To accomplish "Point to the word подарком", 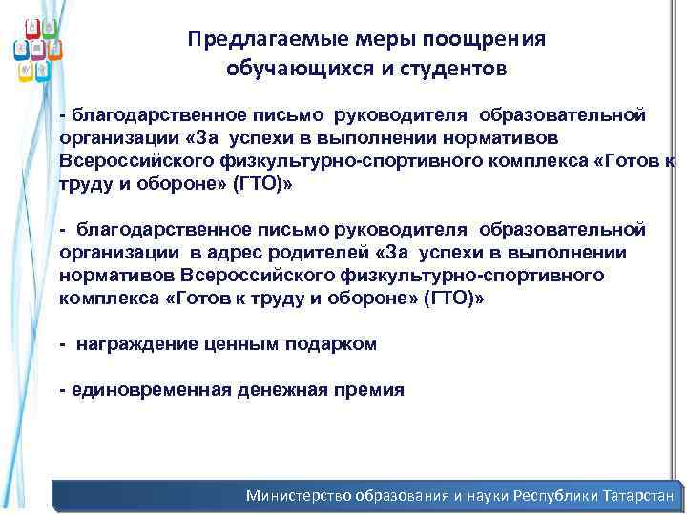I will pos(330,344).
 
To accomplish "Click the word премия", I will pos(371,390).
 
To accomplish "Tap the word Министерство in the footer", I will pos(299,496).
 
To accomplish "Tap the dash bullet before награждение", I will pos(62,344).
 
